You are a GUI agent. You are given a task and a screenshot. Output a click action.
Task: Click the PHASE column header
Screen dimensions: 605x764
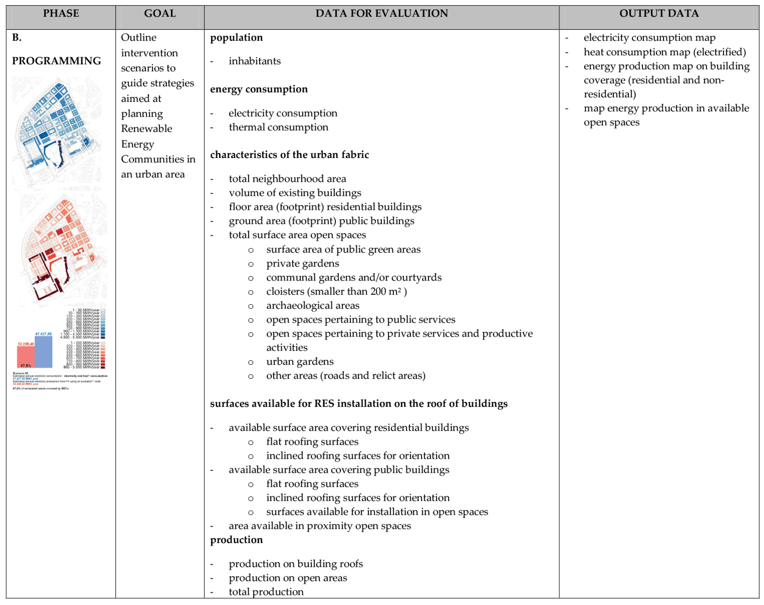61,14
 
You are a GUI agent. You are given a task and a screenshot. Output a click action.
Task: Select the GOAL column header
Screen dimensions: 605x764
160,14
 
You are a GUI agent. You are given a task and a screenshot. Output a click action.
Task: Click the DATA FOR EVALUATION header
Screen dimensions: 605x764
382,14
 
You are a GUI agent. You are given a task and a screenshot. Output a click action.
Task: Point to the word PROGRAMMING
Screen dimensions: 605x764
56,61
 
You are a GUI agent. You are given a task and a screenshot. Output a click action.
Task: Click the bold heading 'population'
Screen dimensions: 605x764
236,38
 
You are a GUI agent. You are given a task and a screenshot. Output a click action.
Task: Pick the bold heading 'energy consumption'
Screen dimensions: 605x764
259,89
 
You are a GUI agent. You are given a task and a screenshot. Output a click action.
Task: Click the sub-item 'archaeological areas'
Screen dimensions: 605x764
312,306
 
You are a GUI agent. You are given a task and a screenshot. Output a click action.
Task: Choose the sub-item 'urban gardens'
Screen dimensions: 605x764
300,362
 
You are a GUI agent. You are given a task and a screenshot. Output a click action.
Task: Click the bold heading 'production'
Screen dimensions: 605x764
236,540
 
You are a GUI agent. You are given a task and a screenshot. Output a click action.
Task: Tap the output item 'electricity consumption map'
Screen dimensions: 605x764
649,38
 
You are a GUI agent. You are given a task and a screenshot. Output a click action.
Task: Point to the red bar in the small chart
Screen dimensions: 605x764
26,357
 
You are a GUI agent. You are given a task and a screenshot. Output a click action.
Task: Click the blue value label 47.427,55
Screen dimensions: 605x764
43,334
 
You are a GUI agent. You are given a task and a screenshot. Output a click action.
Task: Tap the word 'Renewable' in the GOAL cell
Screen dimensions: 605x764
146,129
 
